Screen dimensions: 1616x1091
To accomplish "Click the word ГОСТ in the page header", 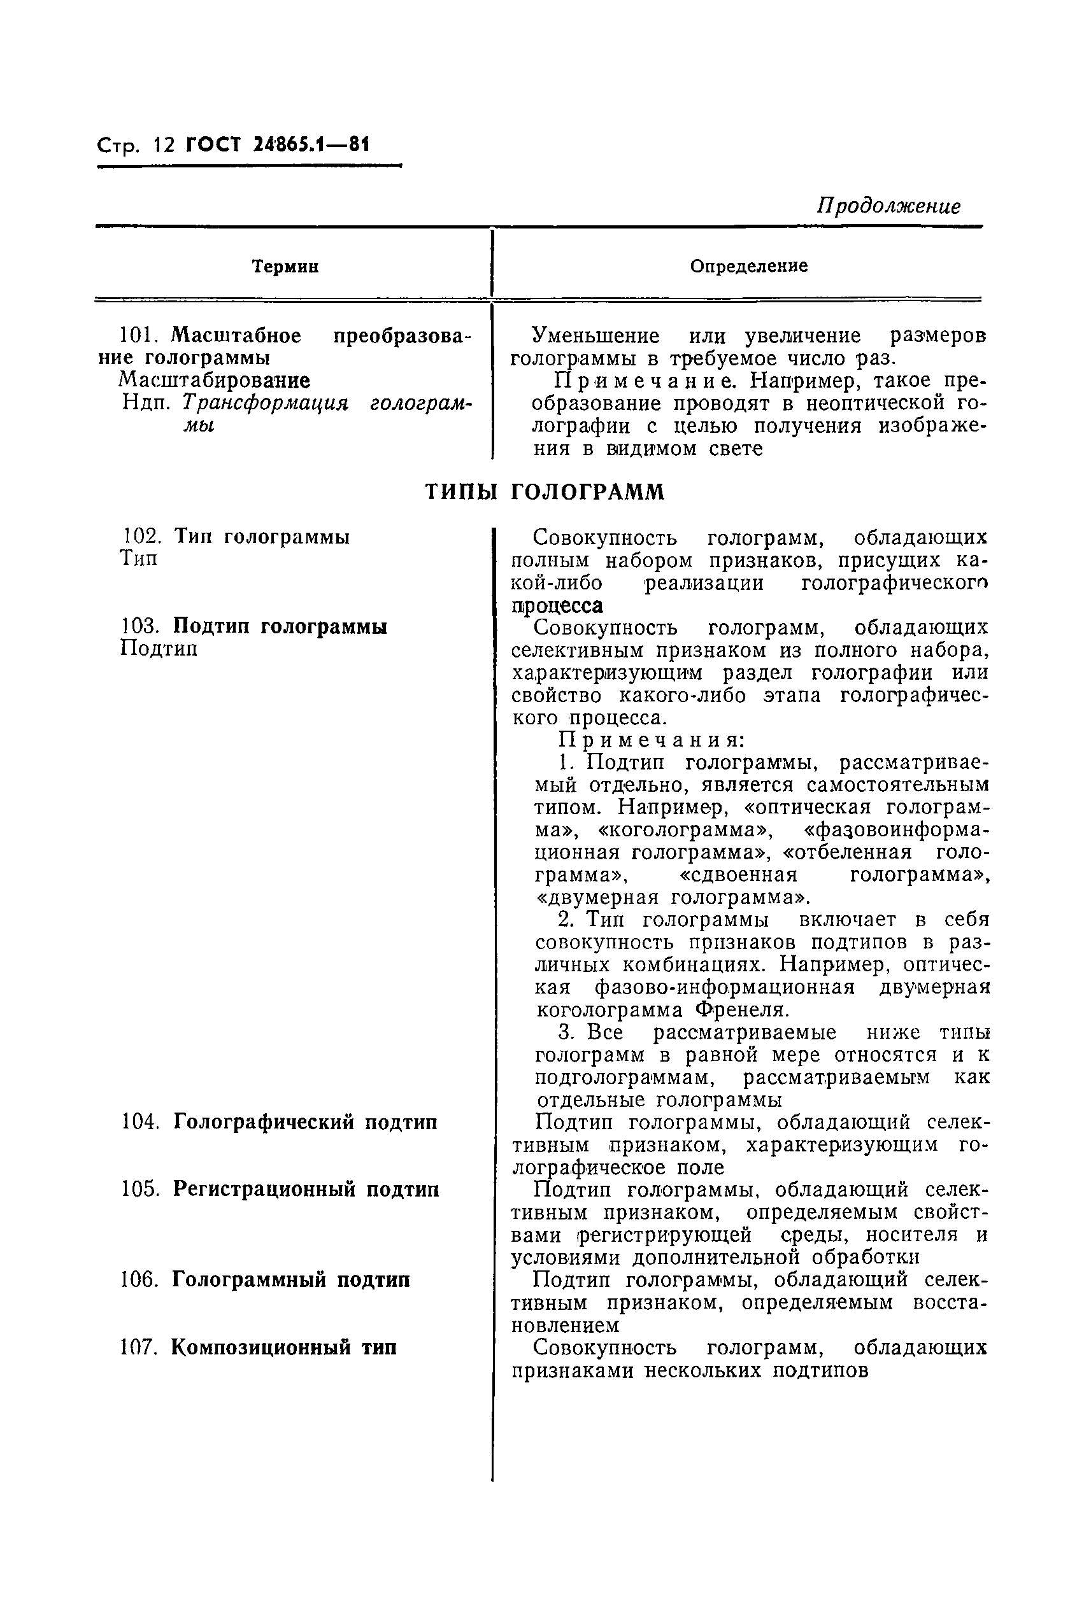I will point(212,145).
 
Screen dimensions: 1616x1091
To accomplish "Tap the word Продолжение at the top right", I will point(888,206).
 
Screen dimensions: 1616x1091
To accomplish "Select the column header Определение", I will point(749,266).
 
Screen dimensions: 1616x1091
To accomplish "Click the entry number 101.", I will point(139,337).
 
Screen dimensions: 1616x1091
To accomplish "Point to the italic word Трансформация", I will point(264,404).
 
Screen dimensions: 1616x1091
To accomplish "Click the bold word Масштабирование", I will point(214,381).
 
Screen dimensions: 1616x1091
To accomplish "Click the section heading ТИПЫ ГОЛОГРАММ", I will point(545,492).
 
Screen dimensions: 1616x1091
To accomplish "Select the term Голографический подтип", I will point(305,1122).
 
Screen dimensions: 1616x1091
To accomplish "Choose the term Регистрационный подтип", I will point(306,1190).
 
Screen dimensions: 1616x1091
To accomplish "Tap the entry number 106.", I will point(141,1280).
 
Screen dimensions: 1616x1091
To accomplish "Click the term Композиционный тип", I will point(284,1347).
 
